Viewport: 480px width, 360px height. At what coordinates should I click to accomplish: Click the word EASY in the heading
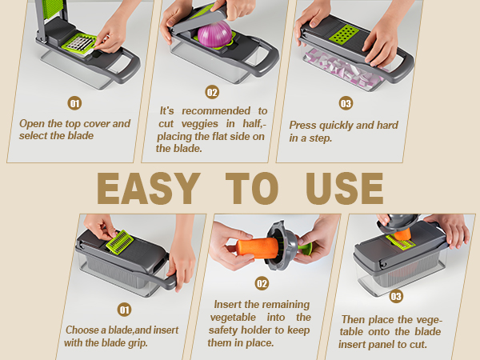(x=147, y=189)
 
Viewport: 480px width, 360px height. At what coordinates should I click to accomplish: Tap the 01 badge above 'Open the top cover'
(x=74, y=103)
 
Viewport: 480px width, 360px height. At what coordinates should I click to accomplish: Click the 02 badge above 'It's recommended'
(x=212, y=92)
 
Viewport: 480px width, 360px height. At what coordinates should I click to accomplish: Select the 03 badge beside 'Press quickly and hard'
(x=346, y=103)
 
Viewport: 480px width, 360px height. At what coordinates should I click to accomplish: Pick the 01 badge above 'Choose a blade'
(x=124, y=309)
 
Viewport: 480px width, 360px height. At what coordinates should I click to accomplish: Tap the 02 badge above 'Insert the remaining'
(x=262, y=283)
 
